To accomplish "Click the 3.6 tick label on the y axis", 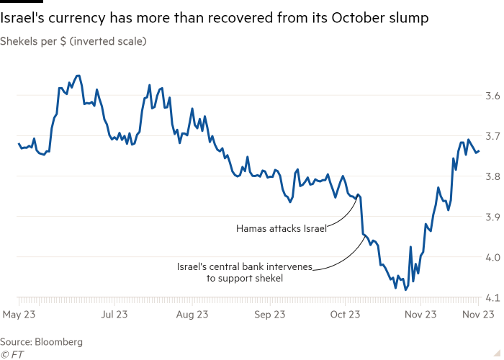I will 492,95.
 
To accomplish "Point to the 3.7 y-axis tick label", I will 492,135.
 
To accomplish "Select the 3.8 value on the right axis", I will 492,176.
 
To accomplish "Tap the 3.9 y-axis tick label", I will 492,216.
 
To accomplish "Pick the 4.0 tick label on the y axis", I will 492,256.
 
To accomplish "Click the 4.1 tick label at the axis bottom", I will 492,297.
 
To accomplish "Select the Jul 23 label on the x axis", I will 116,314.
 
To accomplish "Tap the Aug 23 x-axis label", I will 193,314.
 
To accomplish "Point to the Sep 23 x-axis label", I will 270,314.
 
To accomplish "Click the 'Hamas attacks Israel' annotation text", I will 282,228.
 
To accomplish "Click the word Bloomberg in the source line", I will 58,341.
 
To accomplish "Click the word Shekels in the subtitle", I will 19,42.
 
